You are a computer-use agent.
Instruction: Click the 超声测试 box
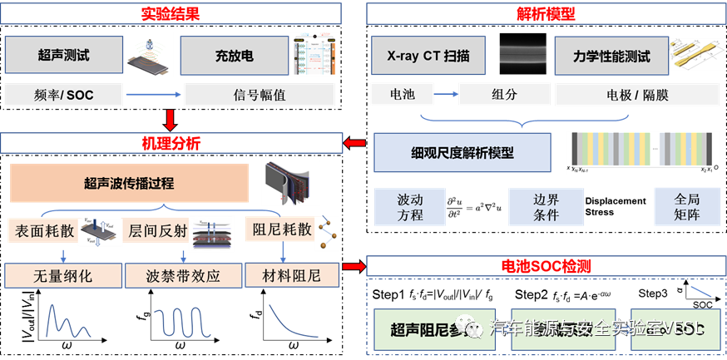pos(63,56)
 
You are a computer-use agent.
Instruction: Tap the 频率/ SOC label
pos(65,95)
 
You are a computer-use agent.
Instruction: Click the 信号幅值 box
pos(259,95)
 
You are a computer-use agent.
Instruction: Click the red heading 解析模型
pos(546,13)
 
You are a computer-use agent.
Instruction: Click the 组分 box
pos(505,95)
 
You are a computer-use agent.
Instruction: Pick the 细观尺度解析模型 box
pos(462,152)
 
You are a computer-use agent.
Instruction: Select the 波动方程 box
pos(410,207)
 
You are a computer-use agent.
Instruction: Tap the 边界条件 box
pos(546,207)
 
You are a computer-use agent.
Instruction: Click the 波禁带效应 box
pos(183,275)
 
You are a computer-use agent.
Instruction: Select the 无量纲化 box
pos(62,275)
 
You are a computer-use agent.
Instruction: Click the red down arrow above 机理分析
pos(171,120)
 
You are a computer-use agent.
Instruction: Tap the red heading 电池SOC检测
pos(546,267)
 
